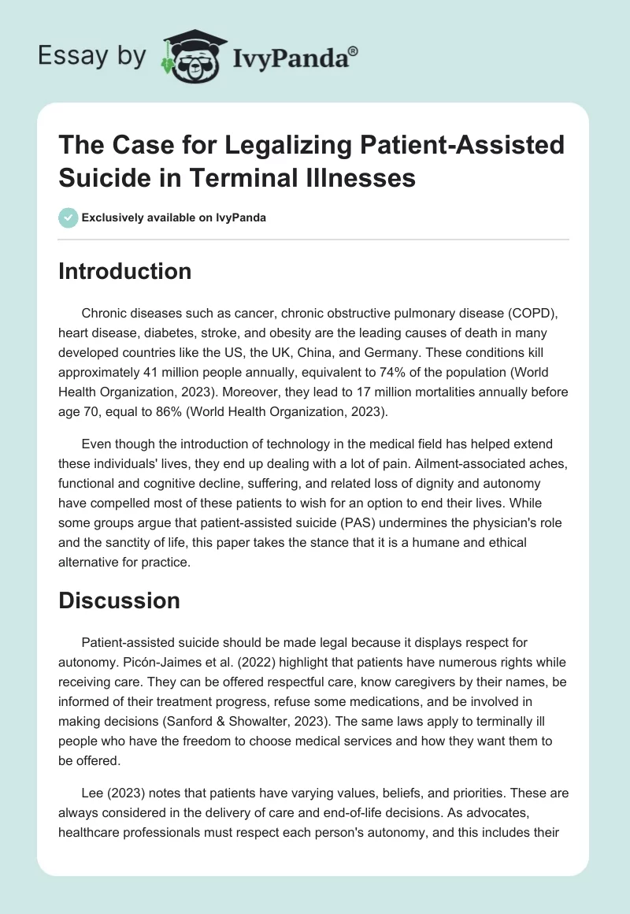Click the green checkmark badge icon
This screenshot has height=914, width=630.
(68, 217)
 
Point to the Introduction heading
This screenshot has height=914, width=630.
(125, 271)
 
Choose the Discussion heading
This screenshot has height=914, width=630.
(120, 601)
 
